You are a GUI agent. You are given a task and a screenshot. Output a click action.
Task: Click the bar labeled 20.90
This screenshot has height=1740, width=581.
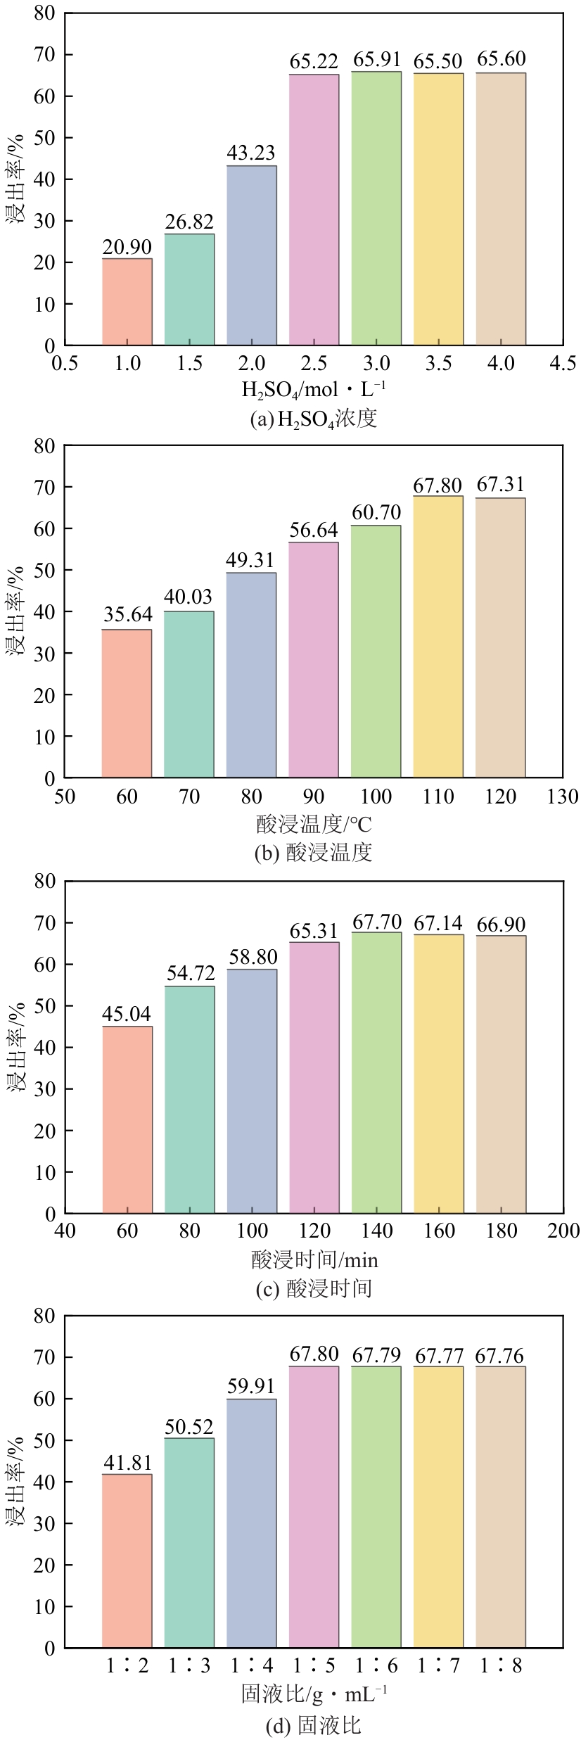[127, 302]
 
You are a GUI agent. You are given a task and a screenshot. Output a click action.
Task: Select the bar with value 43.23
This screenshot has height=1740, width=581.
[251, 255]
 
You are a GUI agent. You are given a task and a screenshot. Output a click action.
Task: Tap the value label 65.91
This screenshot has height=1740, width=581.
[376, 60]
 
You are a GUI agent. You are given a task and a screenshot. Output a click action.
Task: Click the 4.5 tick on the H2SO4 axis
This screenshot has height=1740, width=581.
[563, 364]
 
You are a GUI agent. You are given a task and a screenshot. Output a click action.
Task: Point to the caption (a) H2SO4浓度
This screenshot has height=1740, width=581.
[314, 419]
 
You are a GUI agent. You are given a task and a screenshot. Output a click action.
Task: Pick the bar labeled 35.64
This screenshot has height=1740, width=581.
[127, 704]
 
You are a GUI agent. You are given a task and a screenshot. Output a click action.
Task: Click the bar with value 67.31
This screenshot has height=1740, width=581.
[500, 637]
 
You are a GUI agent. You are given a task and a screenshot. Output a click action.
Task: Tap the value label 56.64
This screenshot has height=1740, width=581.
[314, 530]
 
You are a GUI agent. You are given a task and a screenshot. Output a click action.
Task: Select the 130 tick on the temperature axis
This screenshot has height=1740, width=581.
[563, 796]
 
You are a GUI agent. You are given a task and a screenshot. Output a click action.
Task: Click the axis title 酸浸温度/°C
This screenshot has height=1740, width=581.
[314, 823]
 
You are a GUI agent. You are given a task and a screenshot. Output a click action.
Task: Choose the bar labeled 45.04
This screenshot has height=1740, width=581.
[127, 1120]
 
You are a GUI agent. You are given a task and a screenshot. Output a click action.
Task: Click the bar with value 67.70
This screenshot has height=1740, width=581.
[376, 1073]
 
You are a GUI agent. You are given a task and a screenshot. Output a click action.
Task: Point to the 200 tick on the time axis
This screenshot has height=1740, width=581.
[563, 1231]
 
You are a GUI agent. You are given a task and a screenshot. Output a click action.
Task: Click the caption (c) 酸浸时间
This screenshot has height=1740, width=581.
[314, 1289]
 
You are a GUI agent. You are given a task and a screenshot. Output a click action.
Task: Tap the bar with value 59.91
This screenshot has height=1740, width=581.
[251, 1523]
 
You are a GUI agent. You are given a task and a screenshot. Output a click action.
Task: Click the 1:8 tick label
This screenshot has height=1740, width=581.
[500, 1666]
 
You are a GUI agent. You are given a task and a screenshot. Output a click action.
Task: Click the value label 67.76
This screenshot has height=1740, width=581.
[500, 1356]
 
